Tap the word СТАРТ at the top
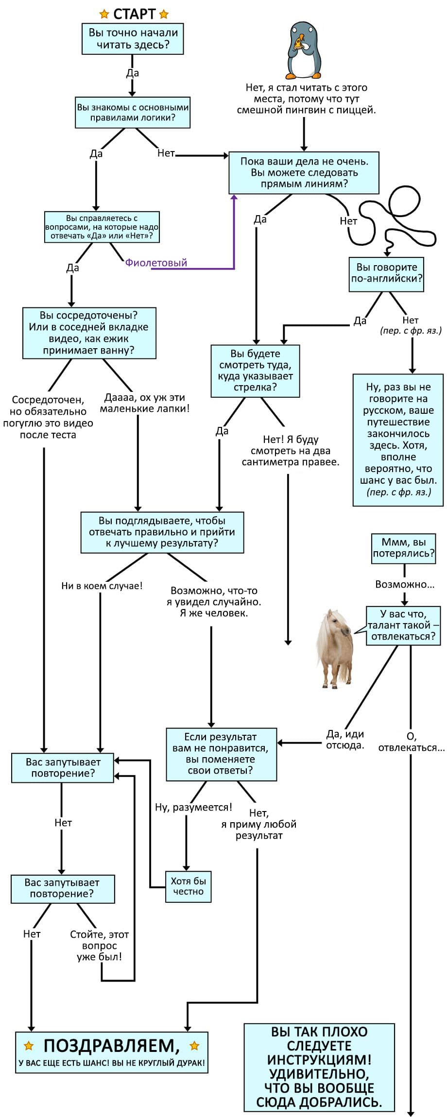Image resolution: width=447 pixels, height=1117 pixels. [134, 14]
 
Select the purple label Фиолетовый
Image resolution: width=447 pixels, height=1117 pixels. [156, 263]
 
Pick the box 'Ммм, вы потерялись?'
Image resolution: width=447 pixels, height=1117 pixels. [403, 548]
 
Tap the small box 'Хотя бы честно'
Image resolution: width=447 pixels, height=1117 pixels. [188, 886]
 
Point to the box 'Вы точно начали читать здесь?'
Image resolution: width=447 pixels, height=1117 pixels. [133, 39]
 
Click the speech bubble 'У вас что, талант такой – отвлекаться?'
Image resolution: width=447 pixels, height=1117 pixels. [403, 625]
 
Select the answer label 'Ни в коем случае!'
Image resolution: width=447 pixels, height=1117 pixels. [102, 586]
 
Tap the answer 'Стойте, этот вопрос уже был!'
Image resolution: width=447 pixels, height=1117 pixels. [100, 945]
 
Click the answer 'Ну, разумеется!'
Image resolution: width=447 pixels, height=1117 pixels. [193, 807]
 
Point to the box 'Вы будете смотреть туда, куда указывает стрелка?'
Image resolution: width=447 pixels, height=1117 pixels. [255, 371]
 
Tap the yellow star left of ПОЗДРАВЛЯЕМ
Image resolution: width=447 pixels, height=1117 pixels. [29, 1046]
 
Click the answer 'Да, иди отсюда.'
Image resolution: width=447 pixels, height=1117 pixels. [345, 740]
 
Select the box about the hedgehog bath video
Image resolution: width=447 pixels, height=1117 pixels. [89, 333]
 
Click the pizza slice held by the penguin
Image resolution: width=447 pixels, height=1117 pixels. [297, 44]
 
